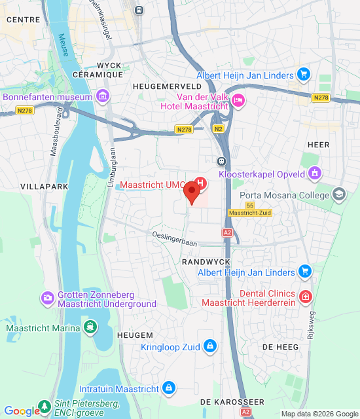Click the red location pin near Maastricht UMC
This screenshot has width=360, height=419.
tap(191, 192)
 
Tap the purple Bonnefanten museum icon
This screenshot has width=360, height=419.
tap(102, 98)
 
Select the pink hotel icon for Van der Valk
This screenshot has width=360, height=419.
tap(238, 100)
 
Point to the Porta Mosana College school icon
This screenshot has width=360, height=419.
tap(339, 193)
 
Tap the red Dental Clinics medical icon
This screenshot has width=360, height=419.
tap(305, 298)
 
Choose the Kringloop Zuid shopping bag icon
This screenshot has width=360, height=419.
tap(209, 345)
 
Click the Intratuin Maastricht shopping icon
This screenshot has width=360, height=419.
tap(170, 388)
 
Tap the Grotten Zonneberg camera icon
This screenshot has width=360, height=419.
tap(47, 299)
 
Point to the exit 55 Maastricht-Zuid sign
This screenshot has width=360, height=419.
tap(250, 209)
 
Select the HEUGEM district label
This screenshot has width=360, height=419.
tap(135, 335)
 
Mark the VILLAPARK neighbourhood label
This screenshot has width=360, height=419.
tap(40, 187)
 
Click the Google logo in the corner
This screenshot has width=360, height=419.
tap(22, 410)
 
